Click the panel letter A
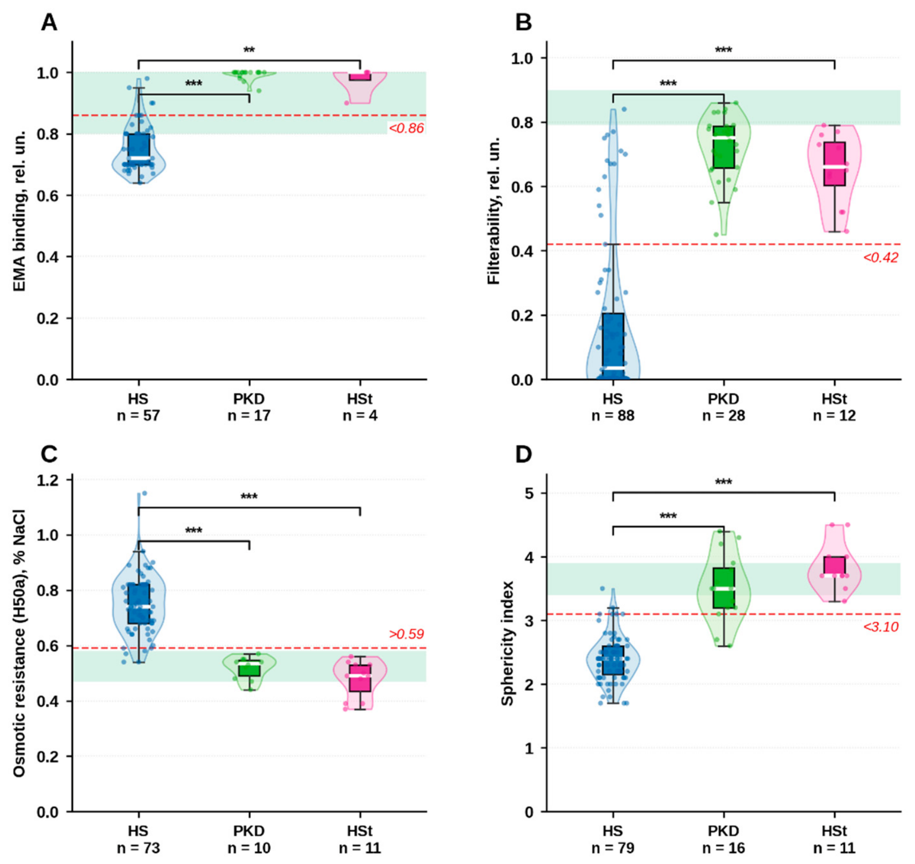tap(49, 22)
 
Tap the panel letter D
tap(523, 454)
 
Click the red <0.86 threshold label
tap(406, 128)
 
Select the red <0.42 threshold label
tap(881, 257)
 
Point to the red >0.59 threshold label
tap(406, 634)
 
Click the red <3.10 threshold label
tap(881, 627)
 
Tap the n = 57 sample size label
tap(138, 415)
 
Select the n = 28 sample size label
tap(723, 415)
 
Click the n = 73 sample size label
tap(138, 848)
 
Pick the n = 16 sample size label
tap(723, 848)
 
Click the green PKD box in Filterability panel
tap(723, 147)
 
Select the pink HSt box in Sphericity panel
tap(834, 566)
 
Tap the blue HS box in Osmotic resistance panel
tap(139, 603)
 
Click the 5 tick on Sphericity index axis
tap(530, 493)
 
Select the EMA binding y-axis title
tap(20, 211)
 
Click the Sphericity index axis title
tap(507, 643)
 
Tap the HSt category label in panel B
tap(834, 399)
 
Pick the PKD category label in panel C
tap(249, 831)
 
